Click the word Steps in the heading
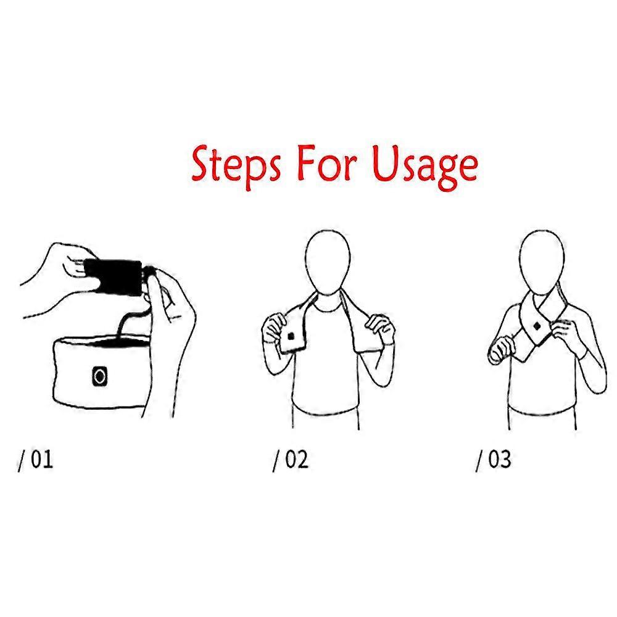(236, 165)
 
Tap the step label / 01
(35, 460)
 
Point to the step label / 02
(291, 460)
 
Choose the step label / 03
(494, 460)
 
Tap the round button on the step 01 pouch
(99, 377)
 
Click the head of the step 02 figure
(328, 261)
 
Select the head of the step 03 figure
(542, 261)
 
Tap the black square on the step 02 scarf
(291, 336)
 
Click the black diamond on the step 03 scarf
(537, 326)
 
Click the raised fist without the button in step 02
(379, 329)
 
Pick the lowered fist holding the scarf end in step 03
(501, 350)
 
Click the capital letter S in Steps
(202, 163)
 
